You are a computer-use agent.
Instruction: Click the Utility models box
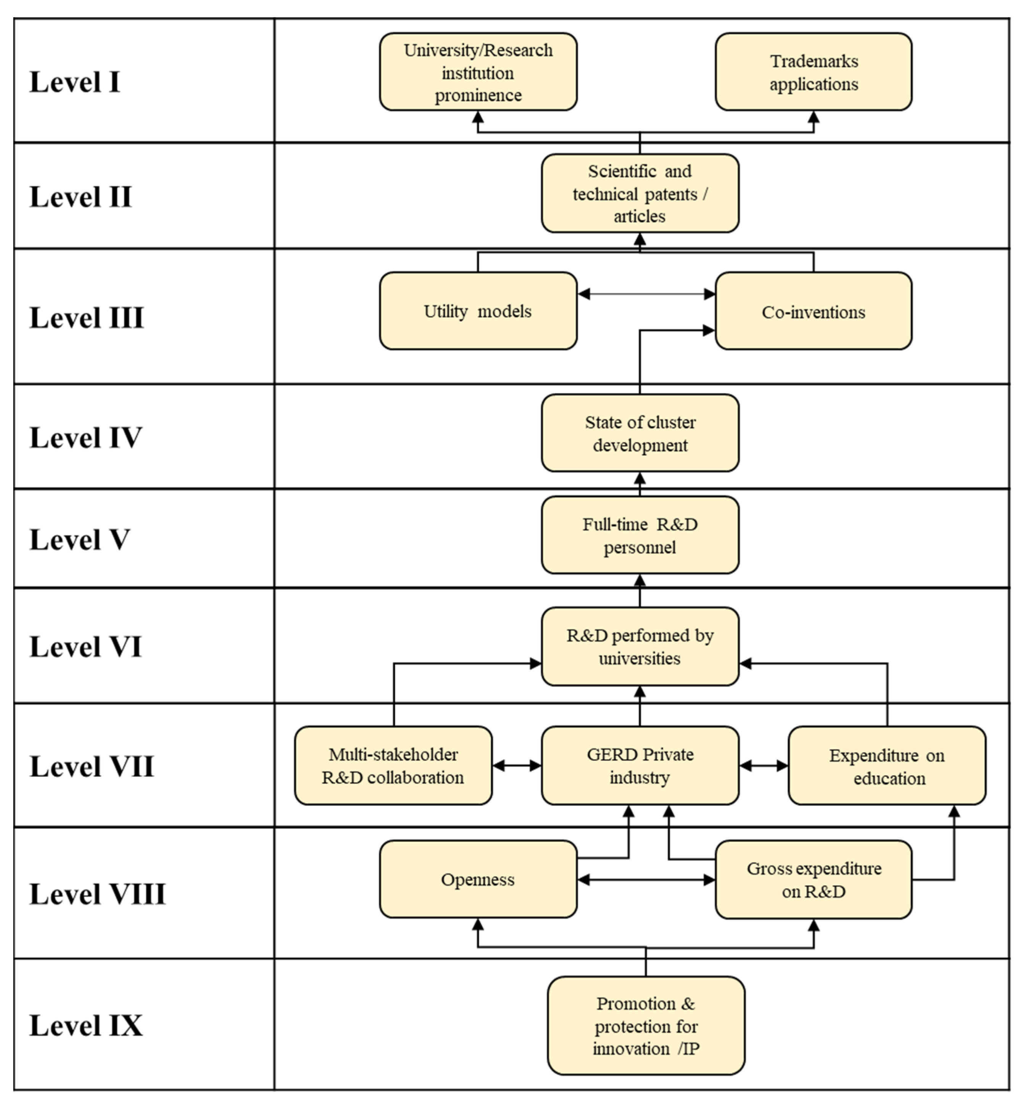coord(478,311)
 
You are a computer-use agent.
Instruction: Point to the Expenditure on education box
coord(887,767)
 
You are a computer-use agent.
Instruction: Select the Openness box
coord(478,880)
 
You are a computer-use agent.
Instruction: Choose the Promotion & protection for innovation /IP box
coord(646,1026)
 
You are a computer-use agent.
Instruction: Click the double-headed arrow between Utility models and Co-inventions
coord(646,294)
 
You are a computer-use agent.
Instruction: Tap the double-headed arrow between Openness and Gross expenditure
coord(646,880)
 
